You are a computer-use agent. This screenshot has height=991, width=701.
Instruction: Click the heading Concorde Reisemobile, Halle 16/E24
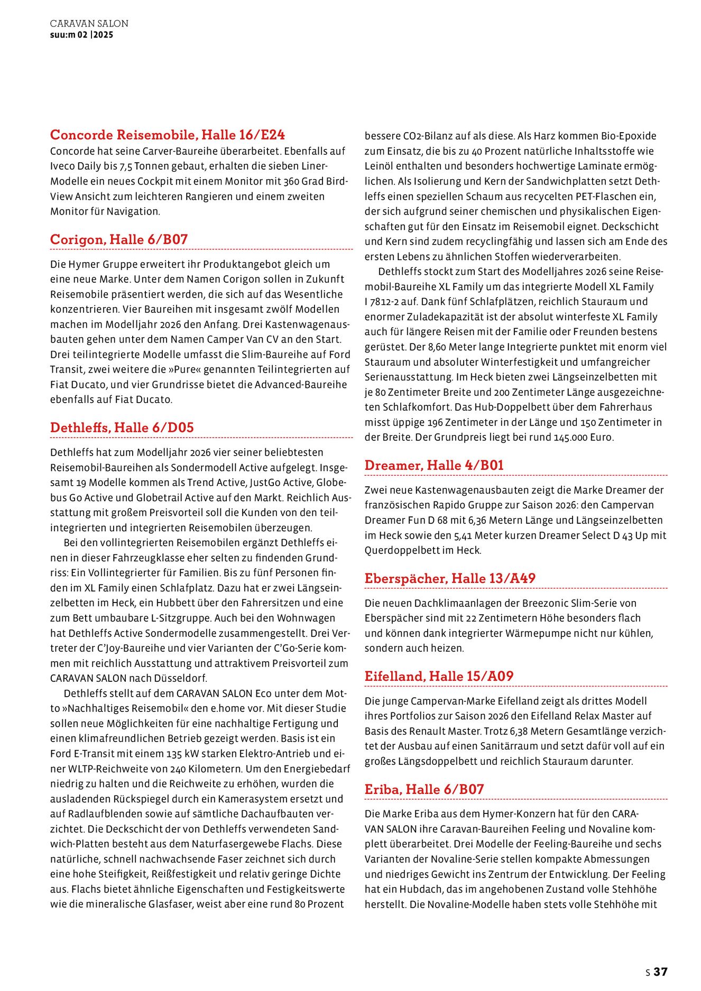coord(168,135)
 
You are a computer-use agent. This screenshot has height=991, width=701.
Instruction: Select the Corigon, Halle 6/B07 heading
coord(119,239)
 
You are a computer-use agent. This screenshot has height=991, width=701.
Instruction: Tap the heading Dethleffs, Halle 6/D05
coord(122,427)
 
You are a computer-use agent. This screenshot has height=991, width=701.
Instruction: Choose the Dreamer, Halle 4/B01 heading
coord(434,465)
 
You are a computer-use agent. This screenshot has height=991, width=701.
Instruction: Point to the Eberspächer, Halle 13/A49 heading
coord(450,578)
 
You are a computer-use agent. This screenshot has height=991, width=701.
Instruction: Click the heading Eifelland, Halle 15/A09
coord(439,676)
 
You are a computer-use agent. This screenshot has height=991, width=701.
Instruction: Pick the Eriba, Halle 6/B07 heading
coord(424,789)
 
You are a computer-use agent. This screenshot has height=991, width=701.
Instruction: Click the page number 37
coord(660,971)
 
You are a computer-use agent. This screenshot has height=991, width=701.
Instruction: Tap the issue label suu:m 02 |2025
coord(81,35)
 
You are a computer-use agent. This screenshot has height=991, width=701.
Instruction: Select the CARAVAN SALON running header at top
coord(89,24)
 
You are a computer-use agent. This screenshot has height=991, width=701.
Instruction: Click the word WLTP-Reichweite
coord(100,769)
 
